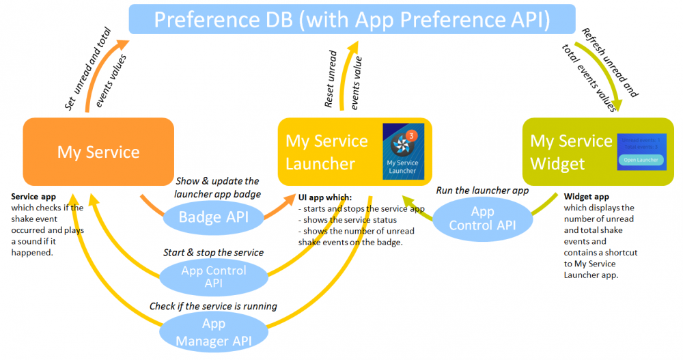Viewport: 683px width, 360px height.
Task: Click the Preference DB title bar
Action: click(x=352, y=19)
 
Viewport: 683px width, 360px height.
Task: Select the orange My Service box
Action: click(x=98, y=152)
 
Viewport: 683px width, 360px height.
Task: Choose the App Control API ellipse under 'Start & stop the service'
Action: click(x=213, y=275)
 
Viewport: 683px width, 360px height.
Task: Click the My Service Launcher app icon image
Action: click(x=402, y=152)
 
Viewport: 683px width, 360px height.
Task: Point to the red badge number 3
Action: click(x=410, y=135)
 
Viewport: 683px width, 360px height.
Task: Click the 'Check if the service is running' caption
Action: click(x=213, y=306)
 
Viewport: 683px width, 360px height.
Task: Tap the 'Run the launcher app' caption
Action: click(x=482, y=191)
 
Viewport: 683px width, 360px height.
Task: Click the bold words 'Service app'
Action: click(x=33, y=197)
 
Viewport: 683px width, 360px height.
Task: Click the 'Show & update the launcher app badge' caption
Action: click(x=217, y=187)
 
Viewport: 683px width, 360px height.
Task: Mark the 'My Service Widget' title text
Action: click(x=571, y=152)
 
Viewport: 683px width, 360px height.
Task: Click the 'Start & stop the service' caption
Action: click(x=213, y=252)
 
